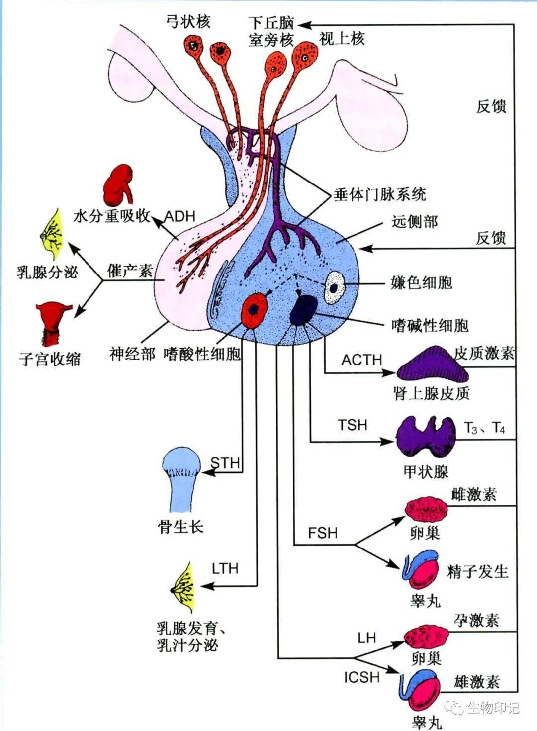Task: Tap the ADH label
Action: click(179, 217)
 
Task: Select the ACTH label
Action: click(361, 360)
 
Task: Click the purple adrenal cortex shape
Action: click(432, 370)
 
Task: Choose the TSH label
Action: click(353, 425)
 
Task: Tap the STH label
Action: click(225, 463)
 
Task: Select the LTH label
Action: click(225, 568)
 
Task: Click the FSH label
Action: click(322, 533)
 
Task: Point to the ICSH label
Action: click(361, 677)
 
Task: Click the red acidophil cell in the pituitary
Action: click(255, 309)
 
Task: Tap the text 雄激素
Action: click(476, 682)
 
